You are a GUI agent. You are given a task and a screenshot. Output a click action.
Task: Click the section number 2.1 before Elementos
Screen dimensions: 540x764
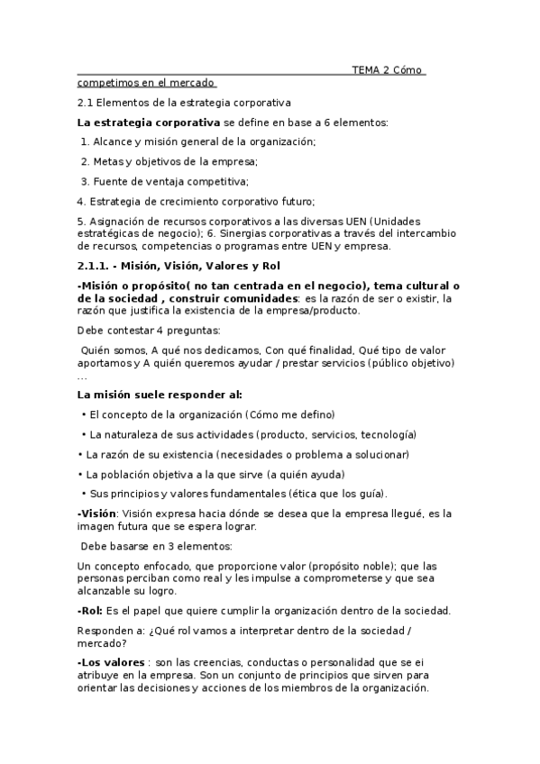(x=86, y=103)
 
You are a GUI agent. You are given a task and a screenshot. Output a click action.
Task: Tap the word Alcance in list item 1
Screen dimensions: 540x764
(x=114, y=141)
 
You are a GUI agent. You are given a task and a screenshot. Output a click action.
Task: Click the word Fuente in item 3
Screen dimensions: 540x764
(x=112, y=181)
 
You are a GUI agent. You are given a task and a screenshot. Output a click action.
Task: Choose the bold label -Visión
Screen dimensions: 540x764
(x=97, y=514)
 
